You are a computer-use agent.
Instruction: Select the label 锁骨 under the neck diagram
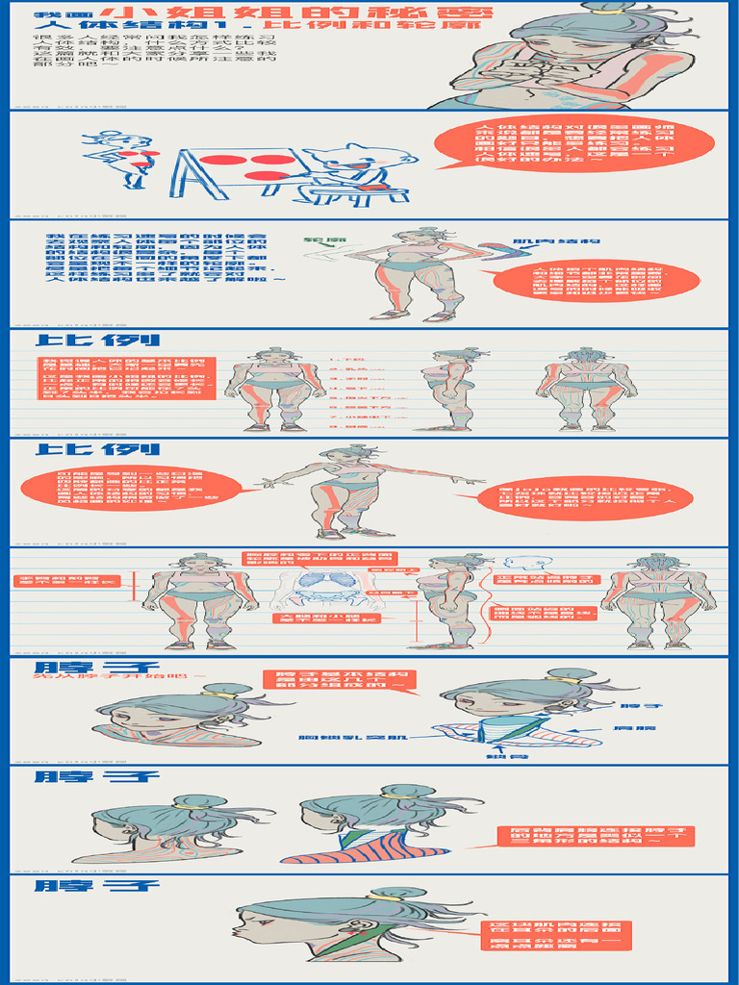pos(499,756)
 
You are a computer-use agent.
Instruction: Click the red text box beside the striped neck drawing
pos(595,836)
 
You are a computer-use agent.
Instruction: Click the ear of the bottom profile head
pos(344,929)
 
